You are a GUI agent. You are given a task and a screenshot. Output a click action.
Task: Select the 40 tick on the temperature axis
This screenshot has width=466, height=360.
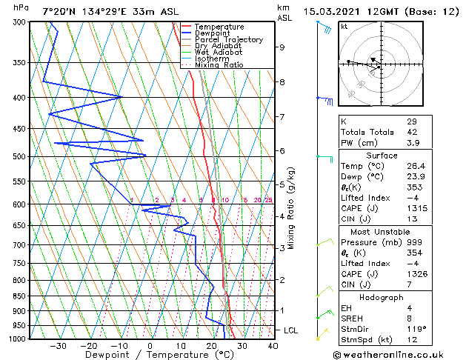pos(273,345)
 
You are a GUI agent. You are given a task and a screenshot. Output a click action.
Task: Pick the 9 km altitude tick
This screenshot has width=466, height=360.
pos(282,47)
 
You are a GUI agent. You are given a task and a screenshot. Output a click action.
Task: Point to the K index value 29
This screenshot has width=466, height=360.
pos(411,121)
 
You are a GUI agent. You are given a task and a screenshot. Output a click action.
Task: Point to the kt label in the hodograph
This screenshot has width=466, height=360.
pos(344,27)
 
